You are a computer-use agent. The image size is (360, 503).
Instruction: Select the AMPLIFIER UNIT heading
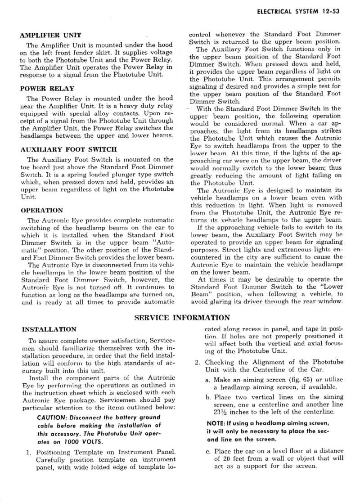point(51,35)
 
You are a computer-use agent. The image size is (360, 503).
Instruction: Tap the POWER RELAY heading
point(47,89)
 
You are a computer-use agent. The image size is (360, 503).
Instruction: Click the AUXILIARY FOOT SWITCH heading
point(69,149)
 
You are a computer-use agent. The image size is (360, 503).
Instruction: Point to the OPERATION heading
point(42,210)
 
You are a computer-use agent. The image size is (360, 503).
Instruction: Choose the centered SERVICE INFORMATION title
point(182,318)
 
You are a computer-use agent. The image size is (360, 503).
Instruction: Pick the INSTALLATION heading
point(49,329)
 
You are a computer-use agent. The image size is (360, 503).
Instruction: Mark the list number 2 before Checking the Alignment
point(197,362)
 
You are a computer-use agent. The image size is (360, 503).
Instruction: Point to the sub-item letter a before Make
point(207,379)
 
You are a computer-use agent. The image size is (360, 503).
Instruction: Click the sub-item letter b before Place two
point(207,397)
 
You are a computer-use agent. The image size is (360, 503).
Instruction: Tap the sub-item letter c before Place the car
point(207,451)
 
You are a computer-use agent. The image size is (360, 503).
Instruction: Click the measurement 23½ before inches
point(221,411)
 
